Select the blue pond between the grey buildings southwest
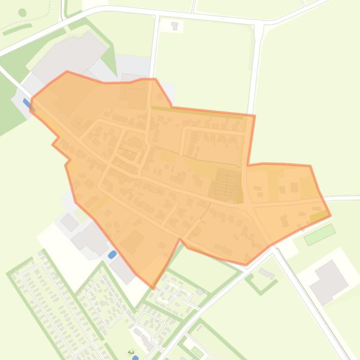pos(112,255)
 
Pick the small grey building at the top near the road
pos(175,25)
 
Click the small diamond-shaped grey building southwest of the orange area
pos(70,223)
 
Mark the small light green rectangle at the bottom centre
pos(197,352)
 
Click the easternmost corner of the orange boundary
pos(331,216)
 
